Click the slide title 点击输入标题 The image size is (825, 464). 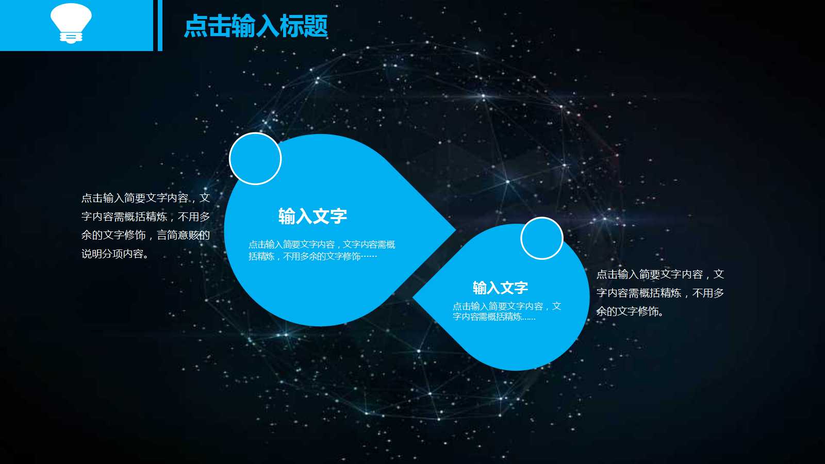(x=256, y=26)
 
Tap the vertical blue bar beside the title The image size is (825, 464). (x=160, y=25)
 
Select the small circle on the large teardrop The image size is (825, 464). (x=255, y=159)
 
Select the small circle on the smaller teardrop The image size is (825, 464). (x=541, y=238)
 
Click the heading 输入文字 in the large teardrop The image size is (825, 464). (x=312, y=216)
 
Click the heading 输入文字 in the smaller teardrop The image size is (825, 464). (x=500, y=287)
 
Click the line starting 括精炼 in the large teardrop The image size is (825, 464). (x=312, y=256)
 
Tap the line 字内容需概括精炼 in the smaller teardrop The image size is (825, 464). (x=494, y=317)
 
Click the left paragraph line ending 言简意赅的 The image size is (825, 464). (x=145, y=235)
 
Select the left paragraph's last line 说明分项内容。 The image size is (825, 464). (x=115, y=254)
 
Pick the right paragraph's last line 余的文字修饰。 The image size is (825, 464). (x=630, y=311)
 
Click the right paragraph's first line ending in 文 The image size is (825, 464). (x=660, y=274)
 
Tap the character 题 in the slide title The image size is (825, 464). (x=316, y=26)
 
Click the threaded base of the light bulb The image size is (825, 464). (x=71, y=37)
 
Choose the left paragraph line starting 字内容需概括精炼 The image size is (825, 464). (x=145, y=217)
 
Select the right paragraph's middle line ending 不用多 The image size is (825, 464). (x=660, y=293)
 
